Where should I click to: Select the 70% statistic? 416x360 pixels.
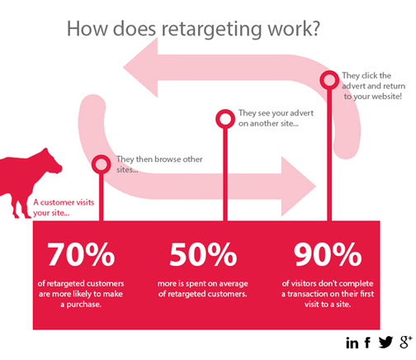click(x=81, y=254)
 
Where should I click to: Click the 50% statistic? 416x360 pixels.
click(x=203, y=254)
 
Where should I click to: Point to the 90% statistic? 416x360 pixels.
click(x=328, y=254)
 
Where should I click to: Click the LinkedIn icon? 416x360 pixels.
click(x=352, y=343)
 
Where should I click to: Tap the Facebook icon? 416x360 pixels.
click(x=367, y=343)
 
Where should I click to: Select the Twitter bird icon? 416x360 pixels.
click(x=385, y=342)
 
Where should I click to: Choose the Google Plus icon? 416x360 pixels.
click(x=406, y=342)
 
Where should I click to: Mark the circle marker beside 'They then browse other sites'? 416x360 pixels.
click(x=102, y=164)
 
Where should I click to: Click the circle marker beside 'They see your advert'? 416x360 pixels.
click(x=225, y=119)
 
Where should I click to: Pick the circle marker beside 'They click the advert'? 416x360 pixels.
click(x=329, y=80)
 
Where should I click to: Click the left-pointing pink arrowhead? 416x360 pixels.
click(x=140, y=68)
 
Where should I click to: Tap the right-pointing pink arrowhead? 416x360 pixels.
click(x=299, y=187)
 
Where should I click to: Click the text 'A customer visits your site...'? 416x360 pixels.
click(x=64, y=207)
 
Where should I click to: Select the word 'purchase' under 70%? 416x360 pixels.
click(x=84, y=305)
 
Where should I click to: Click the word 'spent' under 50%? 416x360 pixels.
click(x=195, y=284)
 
